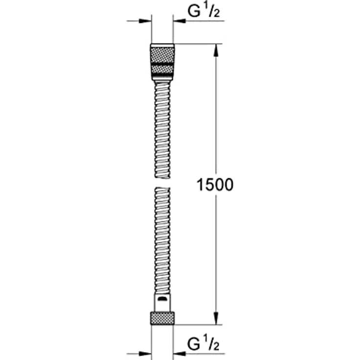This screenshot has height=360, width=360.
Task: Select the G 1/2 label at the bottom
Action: (x=205, y=345)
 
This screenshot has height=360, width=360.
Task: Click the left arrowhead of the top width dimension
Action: (x=145, y=21)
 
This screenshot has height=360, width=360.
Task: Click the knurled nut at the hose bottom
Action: (x=162, y=316)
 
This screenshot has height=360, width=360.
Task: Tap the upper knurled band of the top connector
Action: (x=162, y=53)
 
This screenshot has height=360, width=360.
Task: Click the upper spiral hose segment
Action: (x=162, y=130)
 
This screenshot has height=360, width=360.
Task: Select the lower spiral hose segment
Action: (x=162, y=240)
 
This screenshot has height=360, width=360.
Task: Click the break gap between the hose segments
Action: (x=162, y=182)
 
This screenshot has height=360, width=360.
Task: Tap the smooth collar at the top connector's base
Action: (x=162, y=78)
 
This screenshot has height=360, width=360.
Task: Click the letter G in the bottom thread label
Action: (x=194, y=345)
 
